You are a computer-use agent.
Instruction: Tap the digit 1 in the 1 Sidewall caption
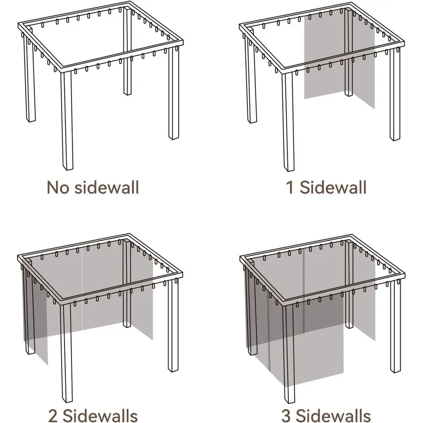point(290,187)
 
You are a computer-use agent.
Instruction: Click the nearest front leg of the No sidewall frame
point(67,123)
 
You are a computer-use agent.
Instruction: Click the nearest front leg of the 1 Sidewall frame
point(288,123)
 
